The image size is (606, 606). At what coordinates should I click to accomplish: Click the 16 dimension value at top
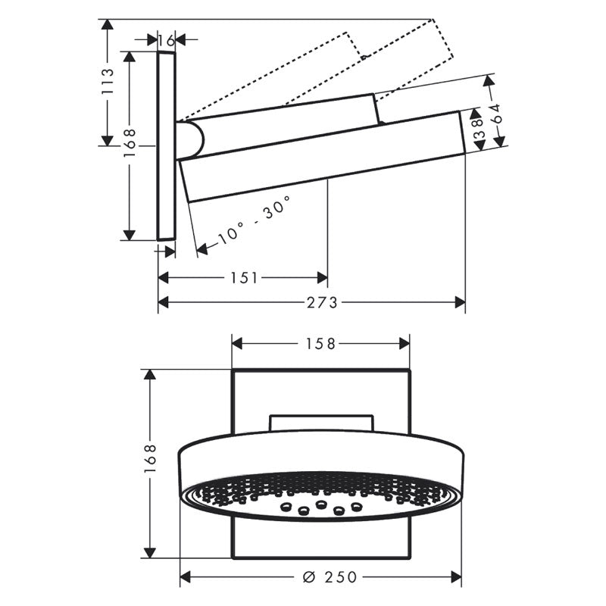[x=167, y=39]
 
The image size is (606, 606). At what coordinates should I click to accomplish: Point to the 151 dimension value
[x=243, y=278]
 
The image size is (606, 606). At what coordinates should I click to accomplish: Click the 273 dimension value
[x=322, y=302]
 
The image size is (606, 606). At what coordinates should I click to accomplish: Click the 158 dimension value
[x=320, y=344]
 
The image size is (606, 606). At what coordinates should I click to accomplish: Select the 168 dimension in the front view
[x=151, y=459]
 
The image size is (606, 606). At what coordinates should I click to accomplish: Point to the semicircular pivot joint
[x=193, y=140]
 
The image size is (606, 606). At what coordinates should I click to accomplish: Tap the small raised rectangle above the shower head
[x=321, y=423]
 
